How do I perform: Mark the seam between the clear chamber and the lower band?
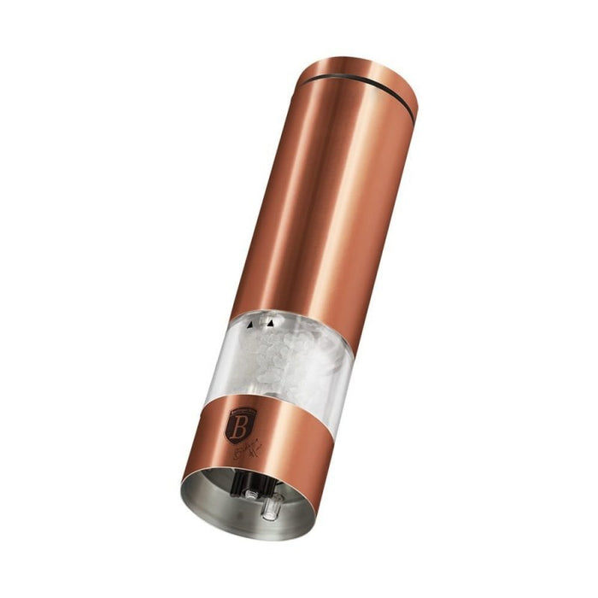tap(256, 402)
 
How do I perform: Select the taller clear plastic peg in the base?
tap(271, 509)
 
